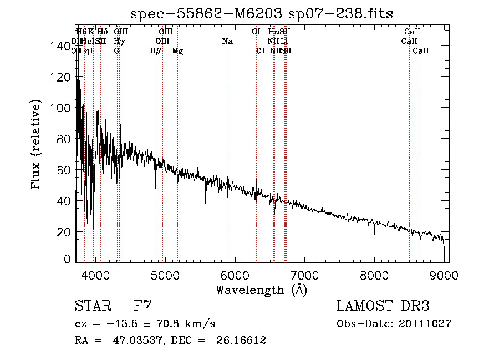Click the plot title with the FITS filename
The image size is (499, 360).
(x=261, y=14)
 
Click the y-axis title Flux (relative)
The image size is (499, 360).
(x=37, y=145)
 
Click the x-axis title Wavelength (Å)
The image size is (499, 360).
(x=261, y=290)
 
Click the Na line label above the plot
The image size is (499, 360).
(x=227, y=42)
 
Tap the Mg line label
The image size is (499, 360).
(x=177, y=51)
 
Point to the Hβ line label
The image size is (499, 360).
(x=156, y=51)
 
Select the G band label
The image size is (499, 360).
(x=116, y=51)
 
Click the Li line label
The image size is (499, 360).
(x=284, y=42)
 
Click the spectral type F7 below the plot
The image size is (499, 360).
(x=143, y=306)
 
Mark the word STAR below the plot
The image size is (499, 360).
(x=92, y=306)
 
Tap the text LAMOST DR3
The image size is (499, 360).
(x=383, y=306)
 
